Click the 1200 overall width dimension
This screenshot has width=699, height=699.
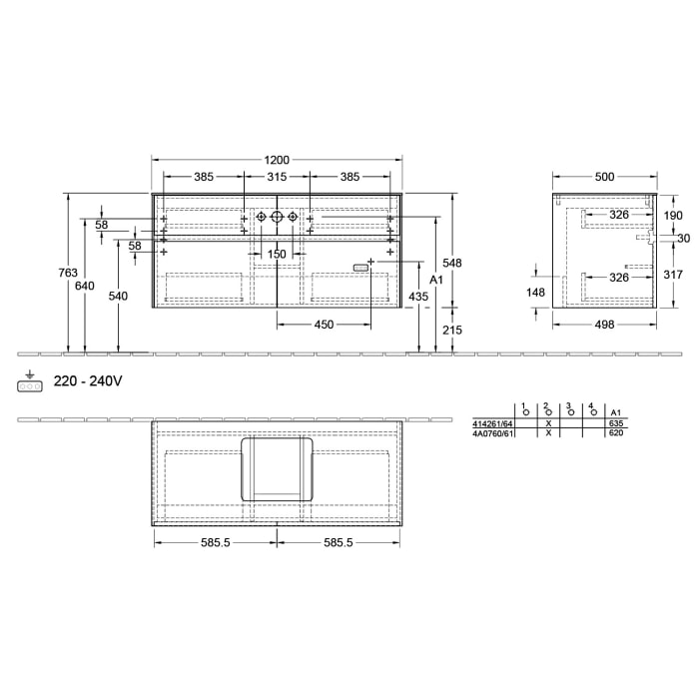277,160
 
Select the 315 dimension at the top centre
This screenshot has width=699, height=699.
277,177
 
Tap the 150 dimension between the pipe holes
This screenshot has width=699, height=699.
277,255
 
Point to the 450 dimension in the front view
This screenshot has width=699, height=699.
325,324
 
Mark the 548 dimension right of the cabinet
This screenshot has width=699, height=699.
453,264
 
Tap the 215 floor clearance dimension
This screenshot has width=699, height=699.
453,330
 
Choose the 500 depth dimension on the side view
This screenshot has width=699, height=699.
604,177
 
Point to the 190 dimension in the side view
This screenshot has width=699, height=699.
673,215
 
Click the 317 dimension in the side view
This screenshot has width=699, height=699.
673,276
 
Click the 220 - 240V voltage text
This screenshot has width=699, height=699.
88,380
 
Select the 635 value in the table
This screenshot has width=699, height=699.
616,423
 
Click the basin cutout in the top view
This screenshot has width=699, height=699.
277,467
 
